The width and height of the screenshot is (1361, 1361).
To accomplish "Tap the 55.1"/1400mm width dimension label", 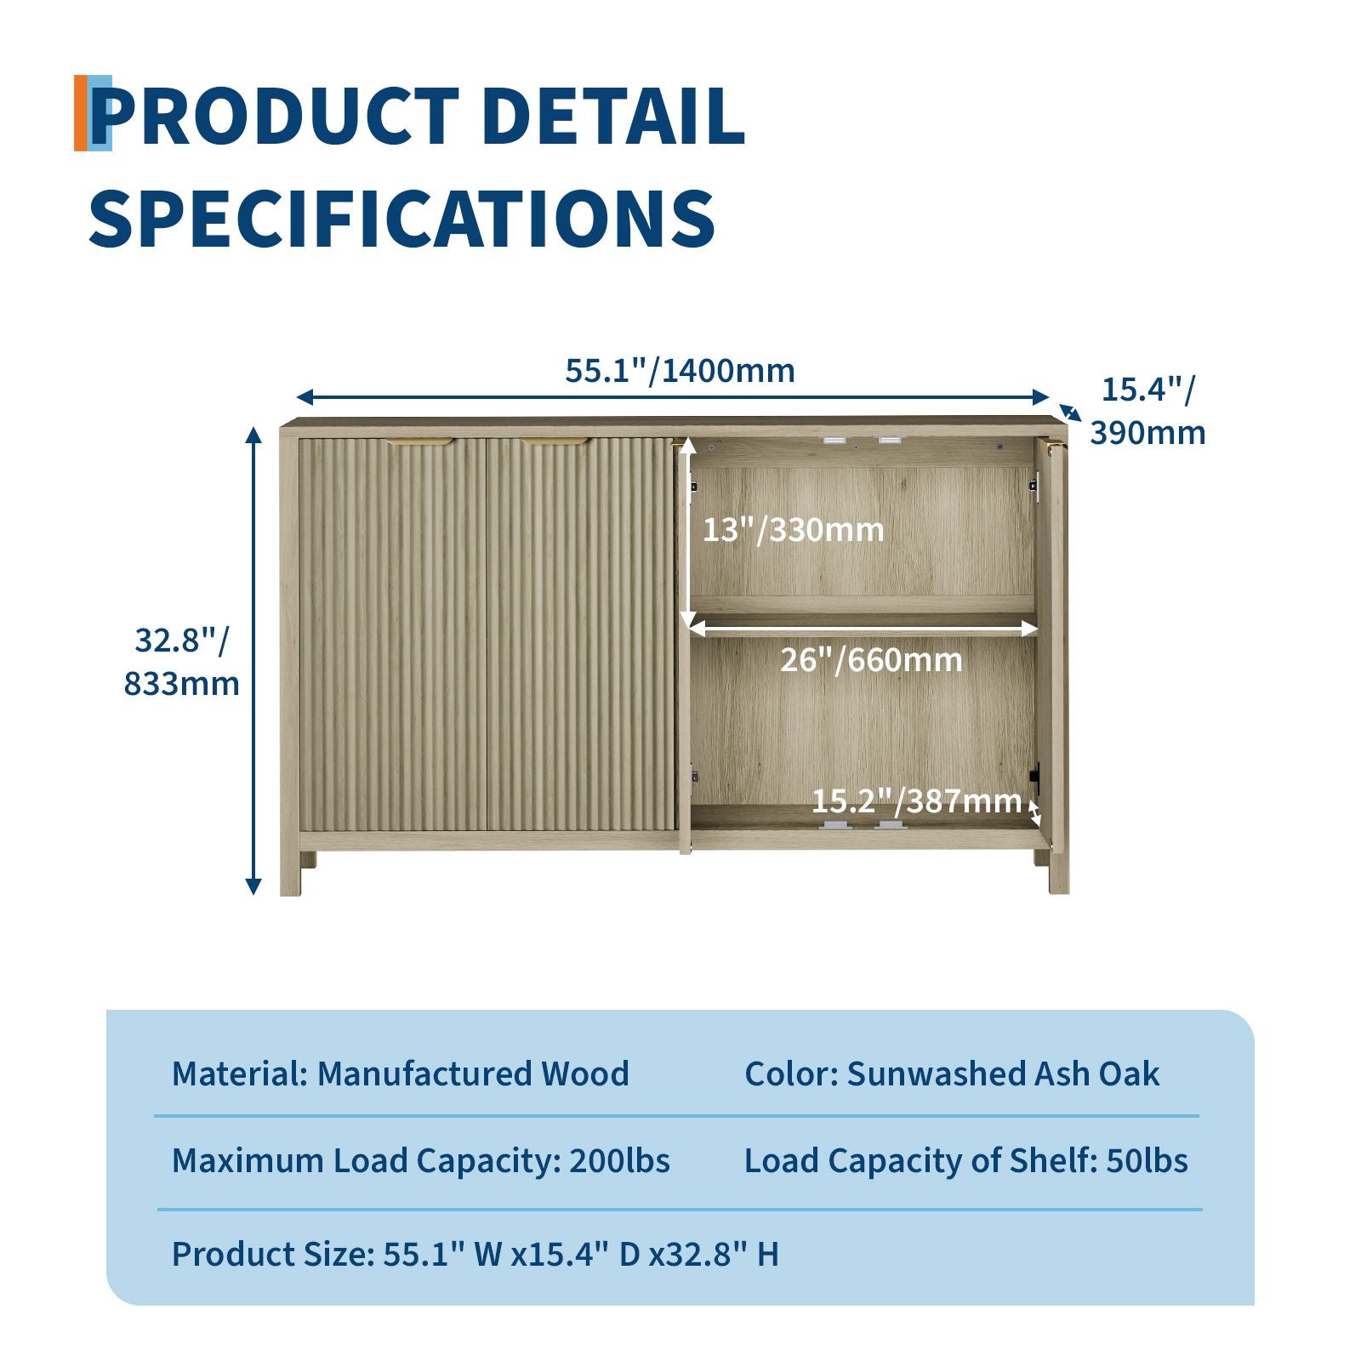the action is click(x=680, y=371).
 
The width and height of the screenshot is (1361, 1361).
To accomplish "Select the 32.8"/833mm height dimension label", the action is click(x=181, y=662).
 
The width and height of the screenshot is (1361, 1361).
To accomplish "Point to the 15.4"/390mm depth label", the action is click(x=1147, y=411).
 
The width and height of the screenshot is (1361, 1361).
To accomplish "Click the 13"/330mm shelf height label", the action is click(x=793, y=529).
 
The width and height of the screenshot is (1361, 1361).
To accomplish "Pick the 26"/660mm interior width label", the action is click(x=871, y=659).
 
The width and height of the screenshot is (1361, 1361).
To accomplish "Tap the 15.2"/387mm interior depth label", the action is click(x=916, y=800).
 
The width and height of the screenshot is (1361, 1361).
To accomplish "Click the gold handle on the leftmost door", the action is click(x=420, y=442).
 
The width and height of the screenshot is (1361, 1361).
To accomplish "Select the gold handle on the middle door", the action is click(x=554, y=442).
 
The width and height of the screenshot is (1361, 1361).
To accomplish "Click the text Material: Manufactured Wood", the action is click(x=400, y=1073).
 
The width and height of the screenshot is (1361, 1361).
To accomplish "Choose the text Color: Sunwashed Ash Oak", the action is click(x=952, y=1073).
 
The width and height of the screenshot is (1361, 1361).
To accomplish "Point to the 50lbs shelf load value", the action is click(x=1147, y=1160).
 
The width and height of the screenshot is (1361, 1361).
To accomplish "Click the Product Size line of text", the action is click(x=475, y=1254).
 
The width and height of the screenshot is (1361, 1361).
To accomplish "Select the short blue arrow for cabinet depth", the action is click(x=1070, y=413).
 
